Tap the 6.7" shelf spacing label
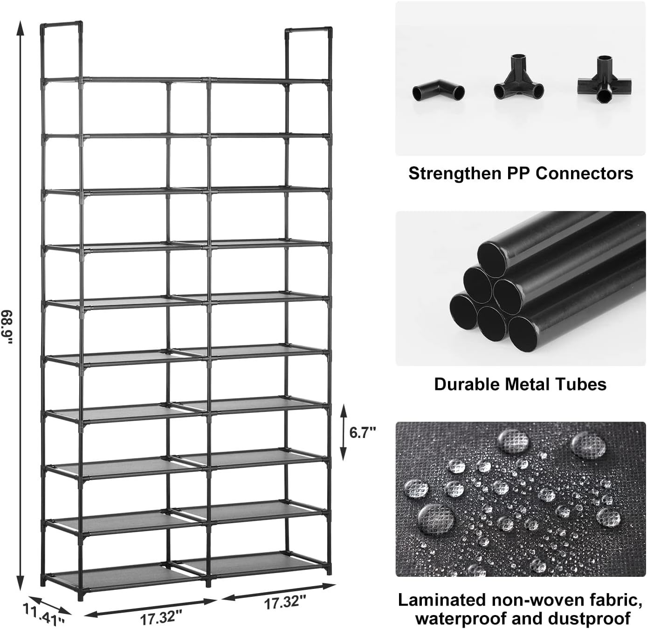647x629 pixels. click(x=362, y=433)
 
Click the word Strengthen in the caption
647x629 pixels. click(x=455, y=173)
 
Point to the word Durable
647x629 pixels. click(x=467, y=384)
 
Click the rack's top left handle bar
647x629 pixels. click(x=62, y=24)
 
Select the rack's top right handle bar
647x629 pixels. click(x=309, y=29)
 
